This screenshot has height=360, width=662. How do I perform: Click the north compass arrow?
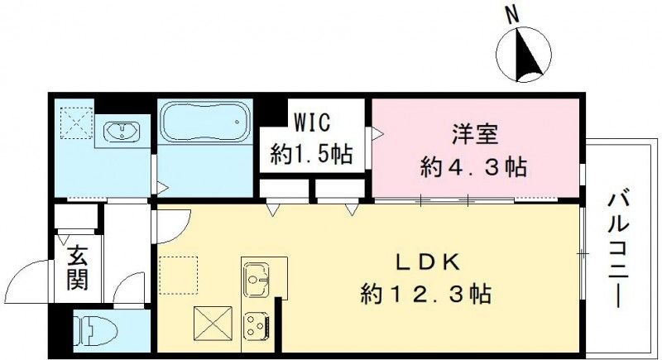(526, 55)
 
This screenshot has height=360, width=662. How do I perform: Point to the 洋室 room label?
(473, 133)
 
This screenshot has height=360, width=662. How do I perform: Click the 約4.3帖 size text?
(472, 168)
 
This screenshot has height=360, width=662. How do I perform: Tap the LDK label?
(427, 264)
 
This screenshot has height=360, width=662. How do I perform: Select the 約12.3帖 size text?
(427, 293)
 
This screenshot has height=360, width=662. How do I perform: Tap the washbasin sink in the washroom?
(122, 131)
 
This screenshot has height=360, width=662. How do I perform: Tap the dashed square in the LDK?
(180, 275)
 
